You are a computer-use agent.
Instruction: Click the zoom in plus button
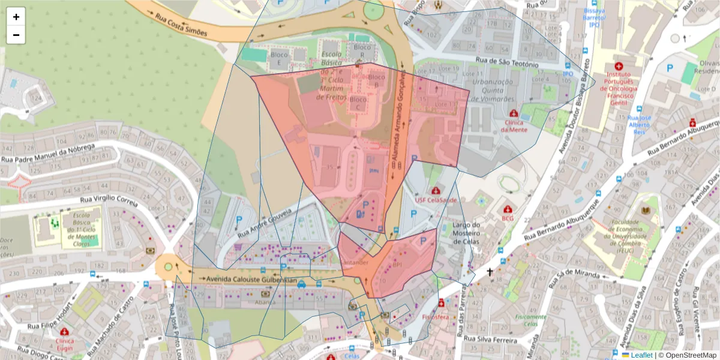click(16, 17)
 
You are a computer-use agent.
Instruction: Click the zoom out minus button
click(16, 35)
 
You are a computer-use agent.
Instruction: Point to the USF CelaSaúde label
click(436, 200)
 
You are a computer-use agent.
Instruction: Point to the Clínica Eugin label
click(64, 343)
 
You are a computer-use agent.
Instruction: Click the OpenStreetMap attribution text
click(688, 355)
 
